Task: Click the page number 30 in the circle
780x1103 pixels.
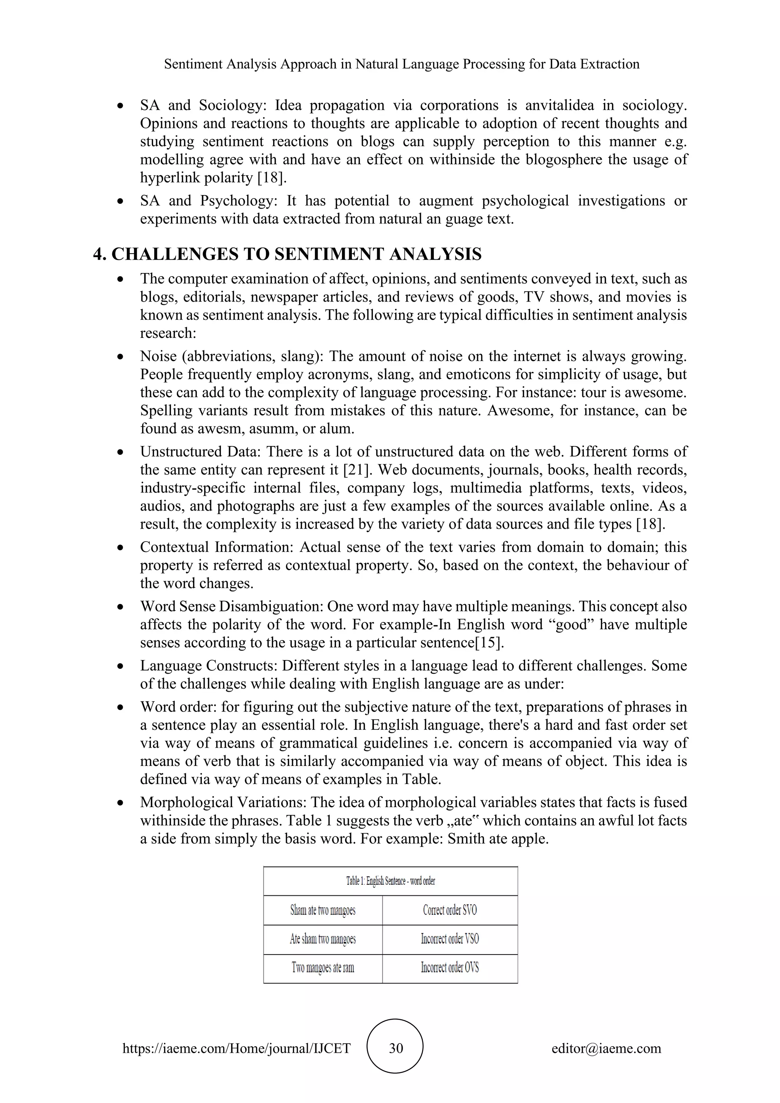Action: [x=395, y=1048]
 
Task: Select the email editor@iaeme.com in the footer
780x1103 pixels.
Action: [x=606, y=1048]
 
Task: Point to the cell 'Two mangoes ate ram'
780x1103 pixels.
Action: [x=323, y=967]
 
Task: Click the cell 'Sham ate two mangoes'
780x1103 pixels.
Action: [x=323, y=910]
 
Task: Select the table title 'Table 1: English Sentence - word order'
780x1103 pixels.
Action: [x=390, y=881]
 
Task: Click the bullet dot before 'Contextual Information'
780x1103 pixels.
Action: [x=121, y=548]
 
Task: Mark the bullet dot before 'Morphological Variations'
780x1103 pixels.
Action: [x=121, y=803]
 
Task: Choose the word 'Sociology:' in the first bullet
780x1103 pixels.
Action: [x=232, y=105]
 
